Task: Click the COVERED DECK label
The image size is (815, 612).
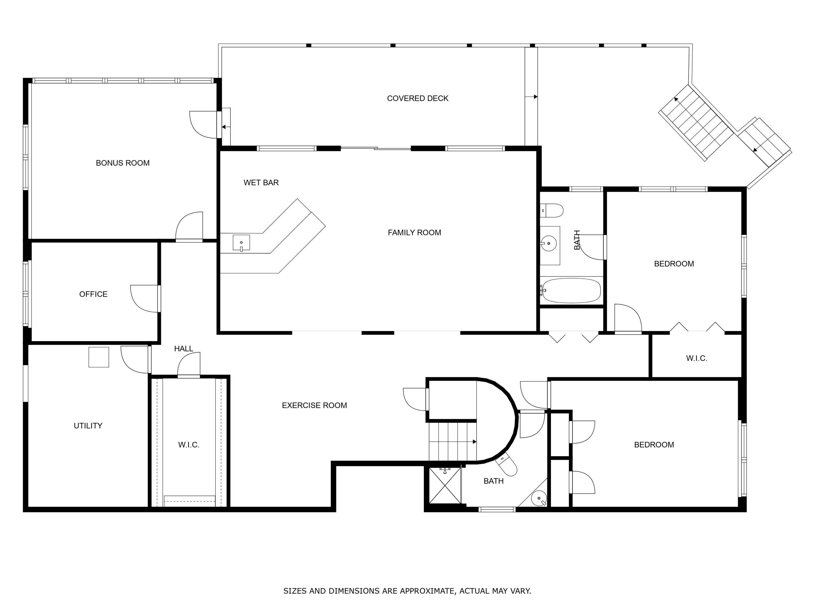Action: click(x=418, y=98)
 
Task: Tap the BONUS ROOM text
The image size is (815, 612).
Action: click(x=123, y=163)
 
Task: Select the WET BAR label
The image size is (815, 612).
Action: click(x=261, y=183)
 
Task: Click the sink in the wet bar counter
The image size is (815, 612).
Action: click(x=241, y=243)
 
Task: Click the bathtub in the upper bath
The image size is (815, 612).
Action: click(x=572, y=291)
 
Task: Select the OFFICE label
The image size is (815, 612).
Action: click(x=93, y=294)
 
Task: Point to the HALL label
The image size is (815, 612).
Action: click(x=183, y=349)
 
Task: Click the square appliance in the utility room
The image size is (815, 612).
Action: click(x=99, y=357)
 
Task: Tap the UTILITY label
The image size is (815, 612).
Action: click(x=88, y=426)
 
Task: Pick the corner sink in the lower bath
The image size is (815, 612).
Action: click(x=539, y=499)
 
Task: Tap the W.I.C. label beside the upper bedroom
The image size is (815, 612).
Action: click(x=696, y=358)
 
